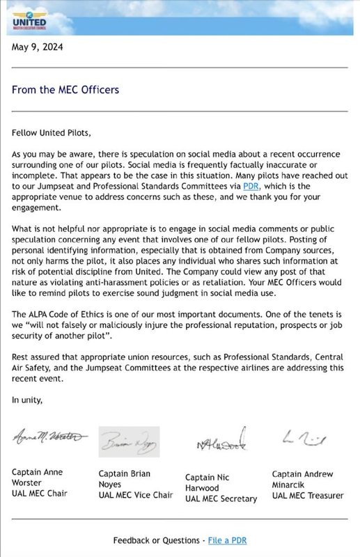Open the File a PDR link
(x=226, y=540)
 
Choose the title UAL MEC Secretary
(x=221, y=499)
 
